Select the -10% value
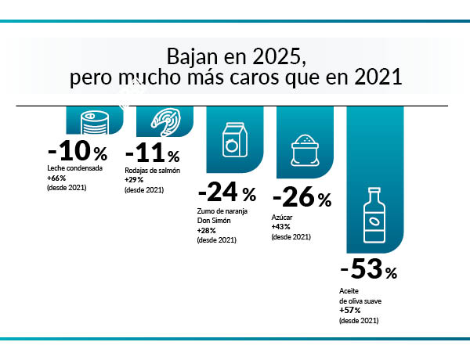pos(77,152)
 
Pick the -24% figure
pos(226,193)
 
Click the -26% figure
pos(301,198)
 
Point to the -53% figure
pos(369,271)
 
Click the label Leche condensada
pos(74,168)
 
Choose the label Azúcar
pos(281,216)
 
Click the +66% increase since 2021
pos(56,178)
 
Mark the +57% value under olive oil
pos(350,310)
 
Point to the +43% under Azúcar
pos(280,226)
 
